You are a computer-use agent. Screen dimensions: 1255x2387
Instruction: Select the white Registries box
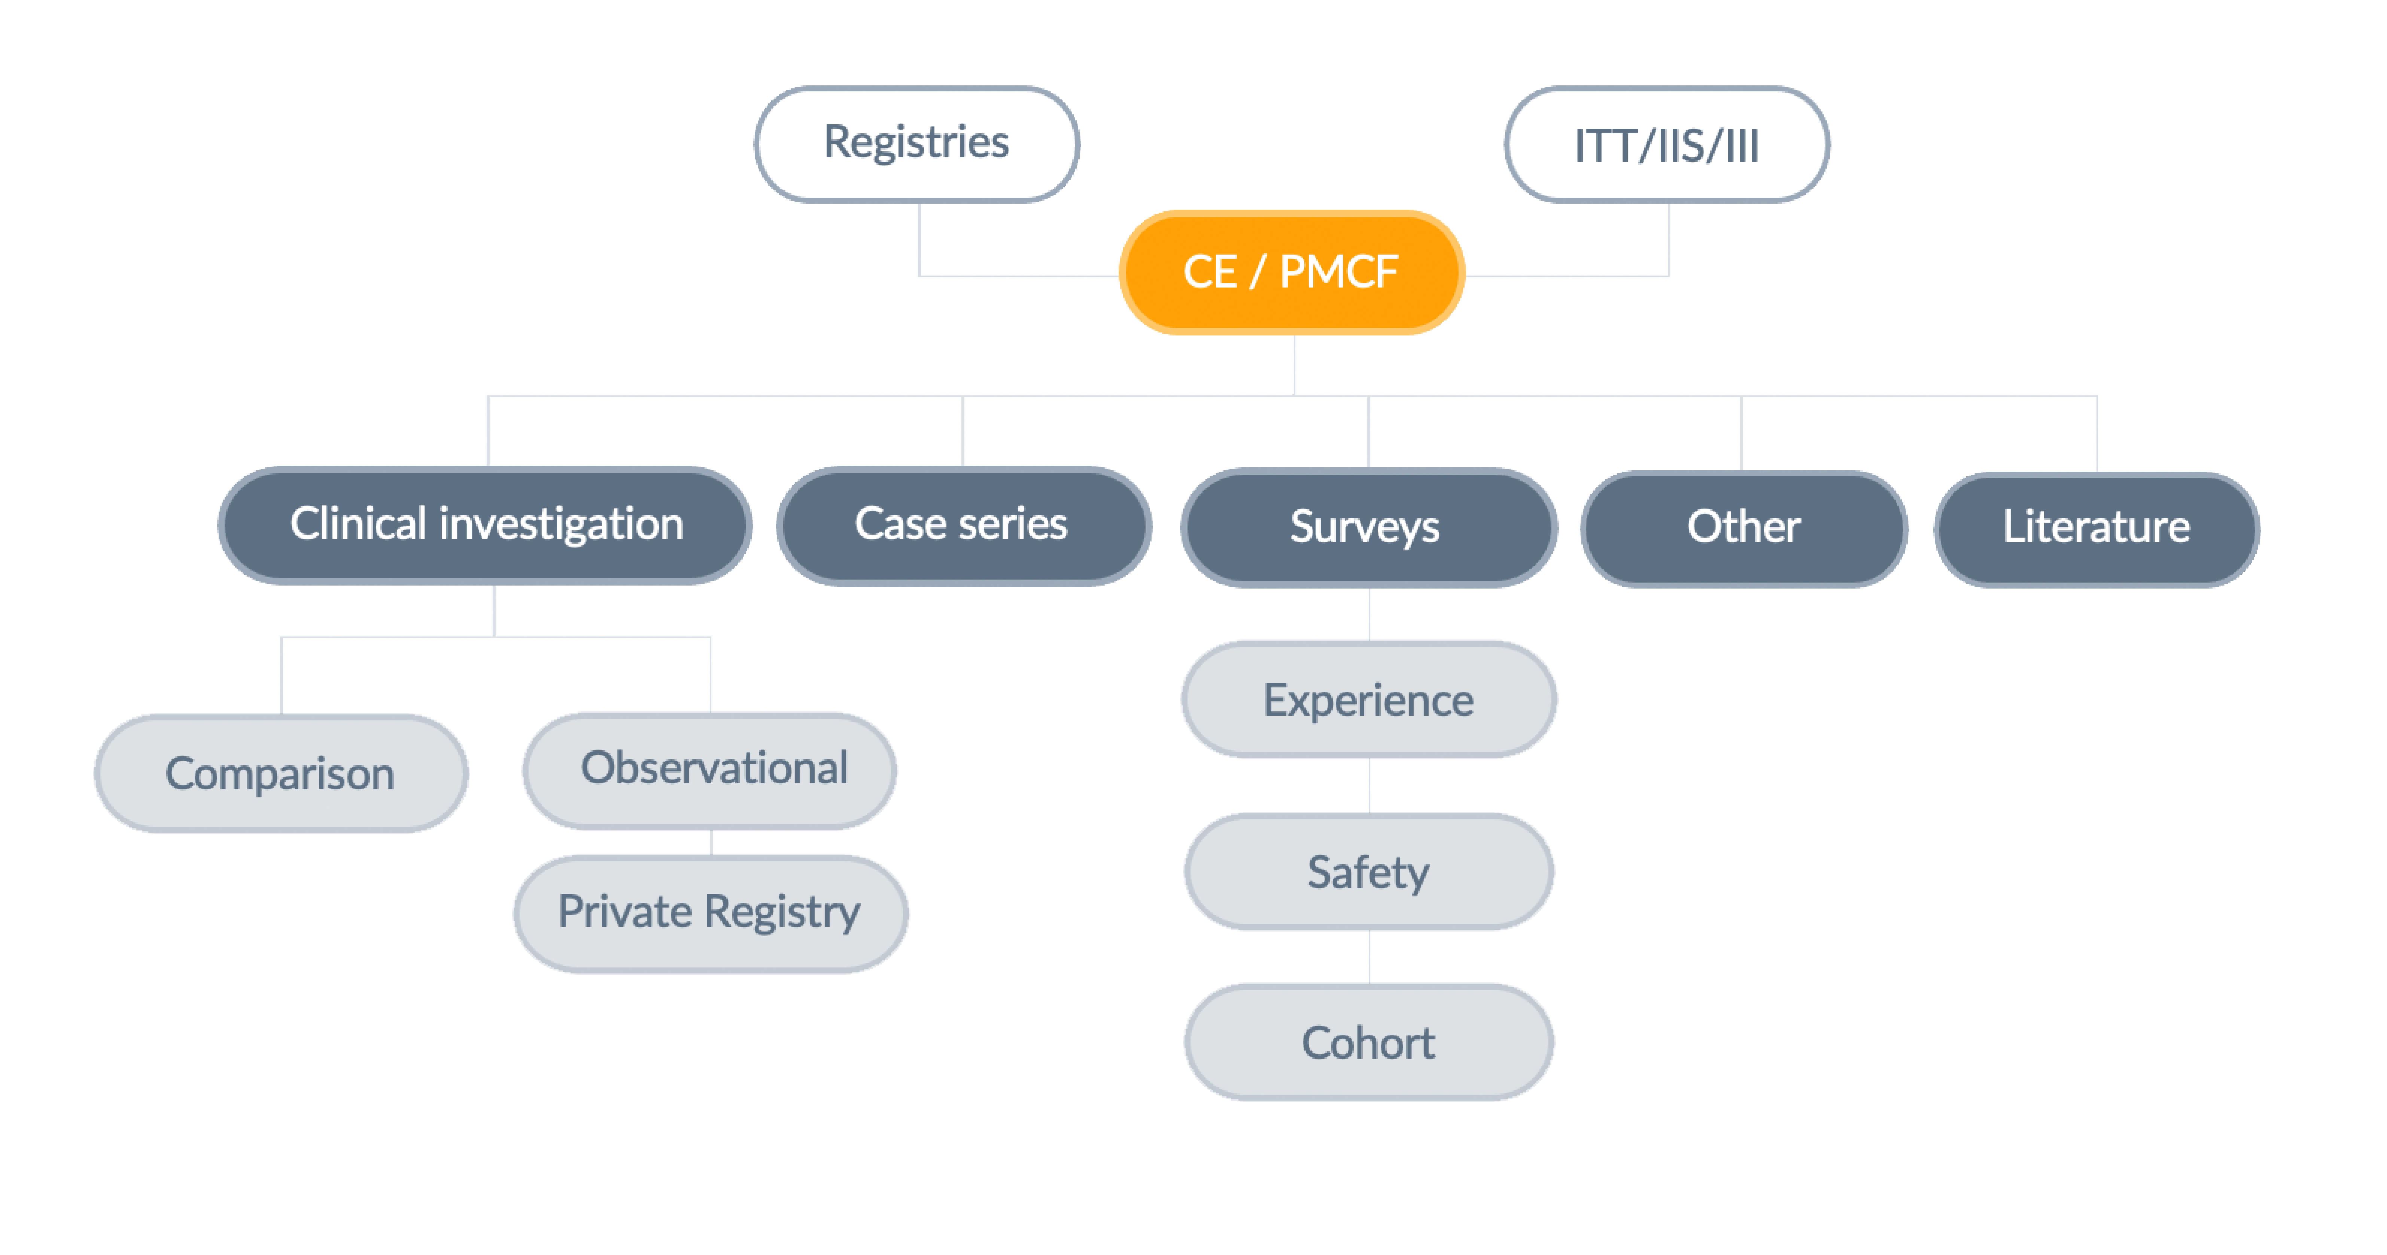tap(916, 144)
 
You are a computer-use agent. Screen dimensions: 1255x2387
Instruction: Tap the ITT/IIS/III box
tap(1666, 145)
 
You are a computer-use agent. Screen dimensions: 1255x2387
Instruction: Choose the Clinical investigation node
tap(486, 525)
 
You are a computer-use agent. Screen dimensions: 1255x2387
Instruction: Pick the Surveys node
tap(1368, 528)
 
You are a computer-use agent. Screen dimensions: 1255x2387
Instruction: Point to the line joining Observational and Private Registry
tap(711, 842)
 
